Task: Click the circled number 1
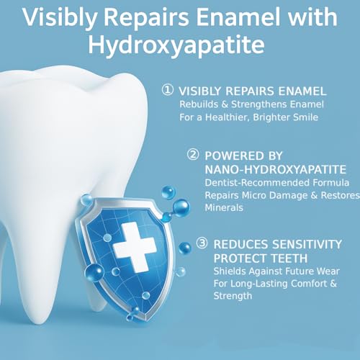(168, 91)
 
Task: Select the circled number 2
(193, 155)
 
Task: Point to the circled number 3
(202, 243)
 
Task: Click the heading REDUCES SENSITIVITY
(276, 243)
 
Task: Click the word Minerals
(225, 208)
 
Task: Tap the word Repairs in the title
(140, 17)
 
